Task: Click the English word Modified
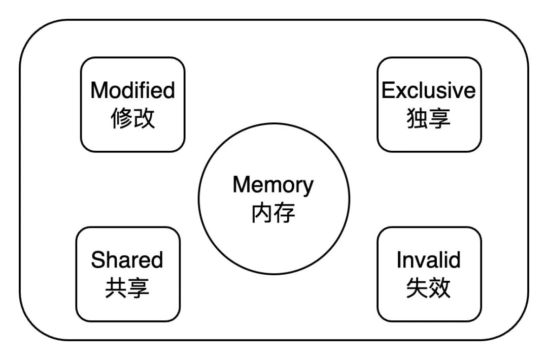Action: tap(132, 91)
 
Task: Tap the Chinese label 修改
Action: tap(132, 118)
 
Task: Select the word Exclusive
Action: tap(429, 91)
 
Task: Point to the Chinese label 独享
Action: tap(429, 118)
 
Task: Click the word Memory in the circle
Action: tap(273, 185)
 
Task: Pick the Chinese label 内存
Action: tap(273, 213)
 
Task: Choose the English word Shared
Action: tap(127, 260)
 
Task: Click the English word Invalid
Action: tap(429, 260)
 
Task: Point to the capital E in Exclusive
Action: tap(388, 91)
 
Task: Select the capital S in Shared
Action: tap(97, 260)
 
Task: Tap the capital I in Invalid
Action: tap(399, 260)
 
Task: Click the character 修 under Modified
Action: tap(121, 118)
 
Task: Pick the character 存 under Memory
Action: tap(285, 213)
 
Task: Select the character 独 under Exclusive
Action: tap(417, 118)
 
